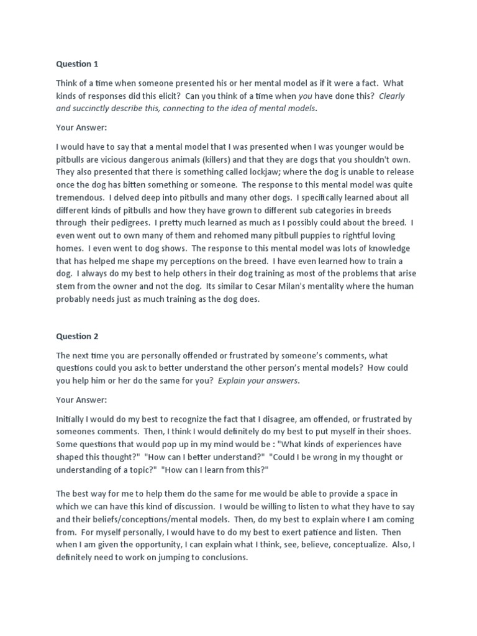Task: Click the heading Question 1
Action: [x=77, y=63]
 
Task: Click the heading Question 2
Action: [x=77, y=336]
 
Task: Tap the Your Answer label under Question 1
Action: [x=81, y=128]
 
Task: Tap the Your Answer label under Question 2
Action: [x=81, y=400]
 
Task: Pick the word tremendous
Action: [x=79, y=198]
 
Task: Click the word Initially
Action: [x=72, y=419]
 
